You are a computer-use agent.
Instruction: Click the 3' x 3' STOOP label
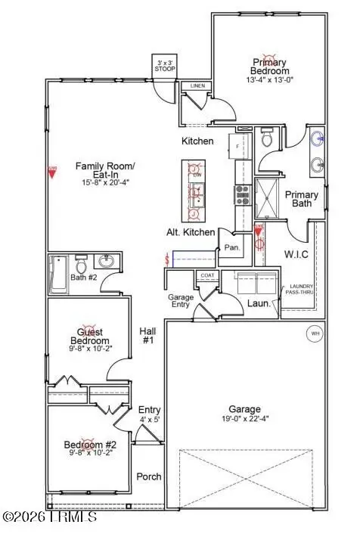point(164,65)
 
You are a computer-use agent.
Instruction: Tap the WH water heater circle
point(313,333)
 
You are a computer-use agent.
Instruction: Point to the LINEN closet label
point(198,85)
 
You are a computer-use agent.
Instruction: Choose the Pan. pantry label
point(231,247)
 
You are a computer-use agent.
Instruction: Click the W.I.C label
point(294,253)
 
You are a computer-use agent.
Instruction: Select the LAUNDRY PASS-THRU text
point(300,288)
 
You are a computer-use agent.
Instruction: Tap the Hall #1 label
point(147,336)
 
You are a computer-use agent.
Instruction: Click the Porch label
point(148,476)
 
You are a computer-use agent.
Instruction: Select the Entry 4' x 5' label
point(148,414)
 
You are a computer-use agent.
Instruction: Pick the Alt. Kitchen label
point(191,232)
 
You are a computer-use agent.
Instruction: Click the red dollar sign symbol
point(166,259)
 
